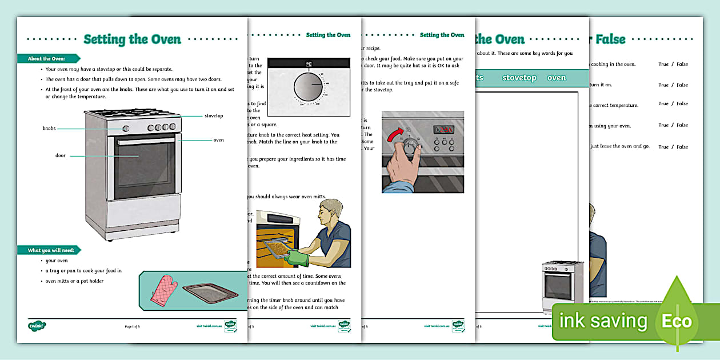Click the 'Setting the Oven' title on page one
(x=132, y=39)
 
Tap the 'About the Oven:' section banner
(x=47, y=58)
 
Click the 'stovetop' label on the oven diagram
(x=214, y=115)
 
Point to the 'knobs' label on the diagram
(x=49, y=129)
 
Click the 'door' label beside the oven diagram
(x=61, y=155)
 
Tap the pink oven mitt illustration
(x=163, y=290)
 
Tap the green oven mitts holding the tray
(x=297, y=258)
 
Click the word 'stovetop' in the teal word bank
(x=519, y=78)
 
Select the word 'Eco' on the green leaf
(x=677, y=321)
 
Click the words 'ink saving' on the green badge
(x=603, y=321)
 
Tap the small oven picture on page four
(x=562, y=286)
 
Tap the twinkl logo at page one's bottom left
(x=37, y=326)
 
